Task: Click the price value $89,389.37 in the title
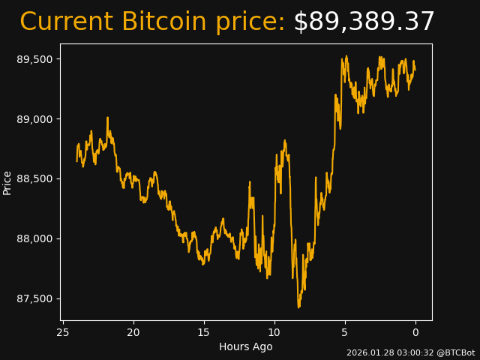tap(364, 22)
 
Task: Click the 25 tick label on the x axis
tap(63, 332)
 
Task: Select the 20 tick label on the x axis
tap(133, 332)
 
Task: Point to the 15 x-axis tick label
tap(204, 332)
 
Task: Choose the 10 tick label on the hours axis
tap(274, 332)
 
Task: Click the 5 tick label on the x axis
tap(345, 332)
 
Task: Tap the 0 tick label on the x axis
tap(415, 332)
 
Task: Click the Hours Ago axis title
tap(245, 346)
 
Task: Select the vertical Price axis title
tap(7, 182)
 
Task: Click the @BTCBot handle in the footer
tap(456, 352)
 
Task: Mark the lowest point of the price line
tap(298, 307)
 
